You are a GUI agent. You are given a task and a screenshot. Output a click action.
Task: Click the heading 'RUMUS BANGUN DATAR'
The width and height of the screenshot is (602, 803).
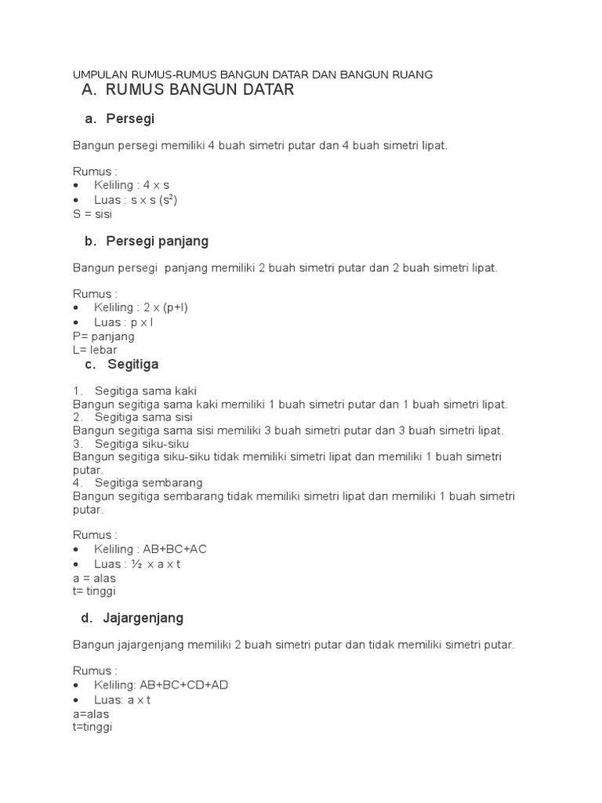199,90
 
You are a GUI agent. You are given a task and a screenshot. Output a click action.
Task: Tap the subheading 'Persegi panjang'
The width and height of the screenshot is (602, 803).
158,241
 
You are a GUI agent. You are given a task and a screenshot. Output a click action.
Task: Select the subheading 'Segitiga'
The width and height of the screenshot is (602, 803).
133,364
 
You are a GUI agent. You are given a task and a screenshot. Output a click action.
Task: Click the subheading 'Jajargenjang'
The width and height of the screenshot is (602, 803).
143,618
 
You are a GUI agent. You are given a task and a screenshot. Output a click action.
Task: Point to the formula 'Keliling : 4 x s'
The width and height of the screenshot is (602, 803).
132,185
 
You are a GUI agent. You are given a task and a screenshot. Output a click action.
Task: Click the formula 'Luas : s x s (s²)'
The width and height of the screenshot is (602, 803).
136,200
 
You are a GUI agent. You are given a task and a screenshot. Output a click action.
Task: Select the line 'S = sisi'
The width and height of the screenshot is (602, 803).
92,214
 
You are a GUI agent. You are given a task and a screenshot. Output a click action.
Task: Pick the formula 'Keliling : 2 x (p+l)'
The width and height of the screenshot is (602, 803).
141,307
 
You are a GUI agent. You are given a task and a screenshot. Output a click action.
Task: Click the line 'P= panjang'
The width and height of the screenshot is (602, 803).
103,336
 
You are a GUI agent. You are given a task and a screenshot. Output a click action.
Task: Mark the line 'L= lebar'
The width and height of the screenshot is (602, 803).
95,351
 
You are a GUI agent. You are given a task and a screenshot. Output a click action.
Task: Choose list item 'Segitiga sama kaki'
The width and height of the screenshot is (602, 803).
146,391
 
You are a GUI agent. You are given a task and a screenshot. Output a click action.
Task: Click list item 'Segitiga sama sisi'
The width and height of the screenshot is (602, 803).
143,417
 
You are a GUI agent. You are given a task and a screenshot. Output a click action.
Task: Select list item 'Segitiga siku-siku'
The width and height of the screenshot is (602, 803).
142,444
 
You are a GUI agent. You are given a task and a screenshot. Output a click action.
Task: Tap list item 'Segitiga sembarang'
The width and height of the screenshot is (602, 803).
148,482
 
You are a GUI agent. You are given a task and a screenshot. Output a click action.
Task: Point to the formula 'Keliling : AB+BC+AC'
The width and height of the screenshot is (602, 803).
150,549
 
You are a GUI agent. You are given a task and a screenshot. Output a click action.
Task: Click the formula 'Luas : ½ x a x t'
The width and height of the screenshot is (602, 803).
137,564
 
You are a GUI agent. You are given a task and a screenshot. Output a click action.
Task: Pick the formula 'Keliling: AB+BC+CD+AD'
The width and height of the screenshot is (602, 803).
161,685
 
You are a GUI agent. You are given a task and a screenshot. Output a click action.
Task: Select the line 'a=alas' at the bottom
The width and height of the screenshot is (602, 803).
91,714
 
